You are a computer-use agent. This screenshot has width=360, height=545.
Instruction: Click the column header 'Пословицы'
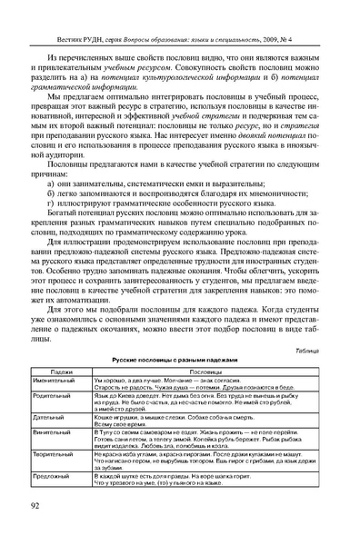[x=208, y=372]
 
